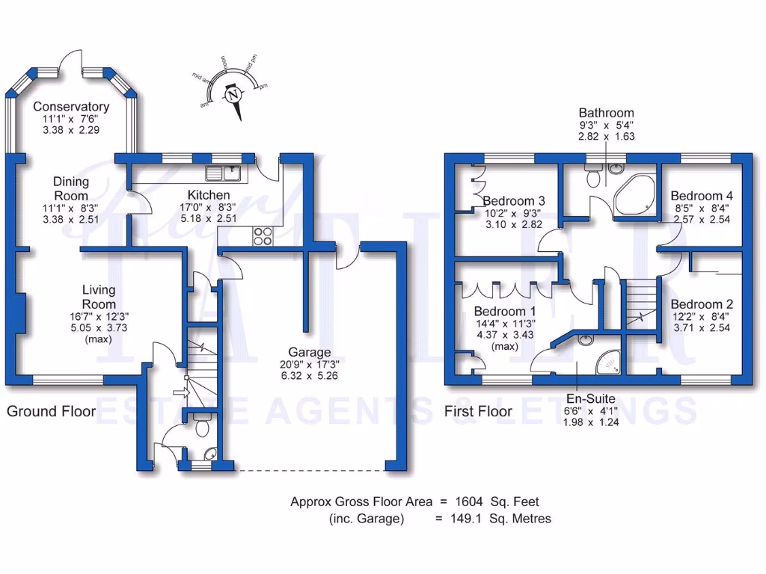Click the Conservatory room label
coord(71,107)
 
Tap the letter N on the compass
coord(235,95)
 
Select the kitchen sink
coord(223,173)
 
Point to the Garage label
coord(311,351)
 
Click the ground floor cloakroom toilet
coord(200,428)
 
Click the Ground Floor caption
coord(51,411)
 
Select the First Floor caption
coord(478,411)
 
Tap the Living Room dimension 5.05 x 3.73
coord(99,327)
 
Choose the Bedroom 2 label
coord(701,304)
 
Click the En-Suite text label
coord(590,399)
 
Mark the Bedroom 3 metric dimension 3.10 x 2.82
coord(512,224)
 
